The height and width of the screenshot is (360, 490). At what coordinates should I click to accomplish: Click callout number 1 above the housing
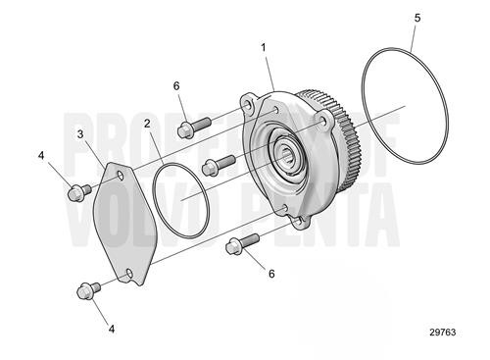click(265, 47)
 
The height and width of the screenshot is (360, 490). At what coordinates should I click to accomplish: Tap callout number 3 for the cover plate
click(80, 132)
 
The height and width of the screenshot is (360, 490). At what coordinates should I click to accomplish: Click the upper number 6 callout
click(177, 86)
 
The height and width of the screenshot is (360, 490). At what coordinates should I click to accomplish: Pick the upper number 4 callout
click(40, 155)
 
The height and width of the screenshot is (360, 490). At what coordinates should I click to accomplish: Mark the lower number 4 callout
click(112, 329)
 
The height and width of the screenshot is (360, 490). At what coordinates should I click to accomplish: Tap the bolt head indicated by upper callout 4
click(73, 191)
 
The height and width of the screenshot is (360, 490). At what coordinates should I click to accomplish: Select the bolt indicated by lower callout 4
click(84, 290)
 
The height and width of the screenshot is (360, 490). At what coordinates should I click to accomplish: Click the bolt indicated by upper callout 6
click(193, 127)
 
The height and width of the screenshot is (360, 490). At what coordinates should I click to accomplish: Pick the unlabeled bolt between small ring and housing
click(218, 166)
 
